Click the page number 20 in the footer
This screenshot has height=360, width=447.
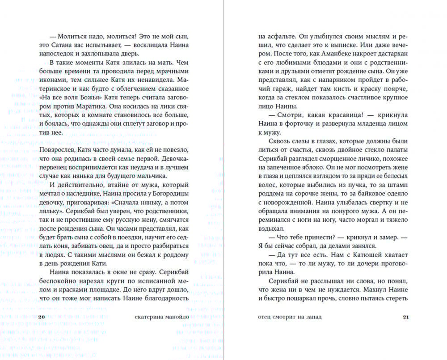[42, 317]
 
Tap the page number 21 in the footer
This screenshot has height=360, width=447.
[406, 317]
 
